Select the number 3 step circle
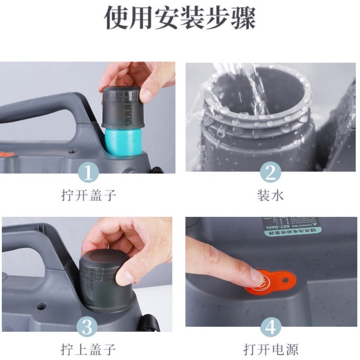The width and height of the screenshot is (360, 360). (89, 327)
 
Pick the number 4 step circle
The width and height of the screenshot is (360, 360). (270, 327)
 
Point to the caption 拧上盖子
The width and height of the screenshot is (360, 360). (89, 349)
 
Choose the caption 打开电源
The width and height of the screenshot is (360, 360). (270, 349)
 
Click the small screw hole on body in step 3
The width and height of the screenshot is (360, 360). (41, 306)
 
